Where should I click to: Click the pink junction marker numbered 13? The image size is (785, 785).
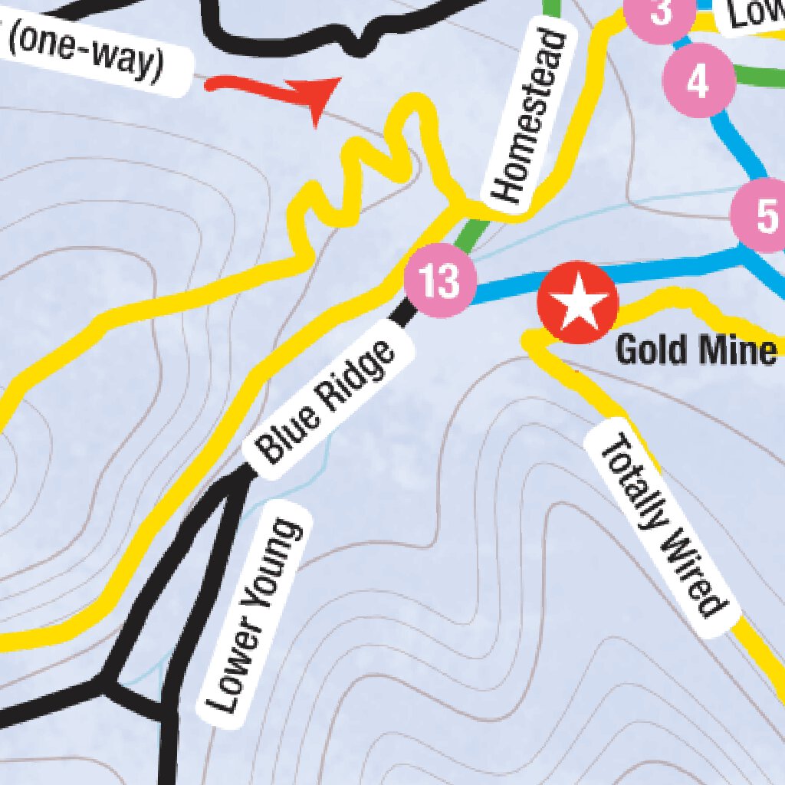(x=440, y=281)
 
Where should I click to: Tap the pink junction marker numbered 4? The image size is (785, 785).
(x=698, y=80)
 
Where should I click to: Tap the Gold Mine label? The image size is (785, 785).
(x=696, y=351)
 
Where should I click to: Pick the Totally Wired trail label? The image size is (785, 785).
(x=662, y=525)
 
